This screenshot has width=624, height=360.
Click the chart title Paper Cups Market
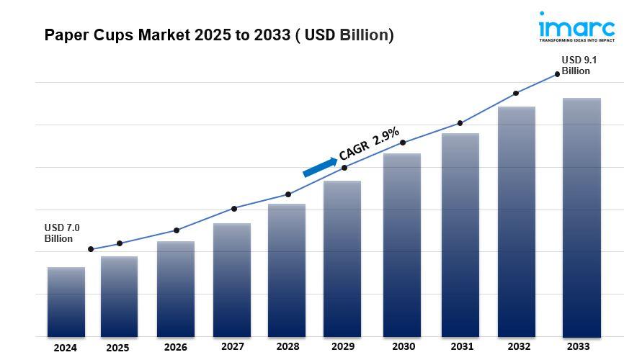pyautogui.click(x=219, y=35)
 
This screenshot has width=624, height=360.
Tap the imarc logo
pyautogui.click(x=576, y=27)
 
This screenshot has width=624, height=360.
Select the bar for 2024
pyautogui.click(x=66, y=302)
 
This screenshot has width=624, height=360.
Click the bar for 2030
pyautogui.click(x=402, y=245)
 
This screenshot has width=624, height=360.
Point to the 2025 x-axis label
pyautogui.click(x=117, y=348)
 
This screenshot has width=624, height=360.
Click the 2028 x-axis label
pyautogui.click(x=288, y=346)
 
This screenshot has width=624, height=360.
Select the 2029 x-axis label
pyautogui.click(x=342, y=346)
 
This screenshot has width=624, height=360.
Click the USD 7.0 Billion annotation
pyautogui.click(x=62, y=233)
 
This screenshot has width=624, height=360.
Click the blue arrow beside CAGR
pyautogui.click(x=319, y=168)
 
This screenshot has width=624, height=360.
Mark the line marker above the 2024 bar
pyautogui.click(x=91, y=249)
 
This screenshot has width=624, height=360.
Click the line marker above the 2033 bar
pyautogui.click(x=557, y=74)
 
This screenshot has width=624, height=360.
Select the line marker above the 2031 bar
pyautogui.click(x=460, y=123)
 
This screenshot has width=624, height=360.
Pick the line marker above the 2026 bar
pyautogui.click(x=177, y=230)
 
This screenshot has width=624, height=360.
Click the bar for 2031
pyautogui.click(x=460, y=235)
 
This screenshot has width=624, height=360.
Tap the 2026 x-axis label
pyautogui.click(x=175, y=347)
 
